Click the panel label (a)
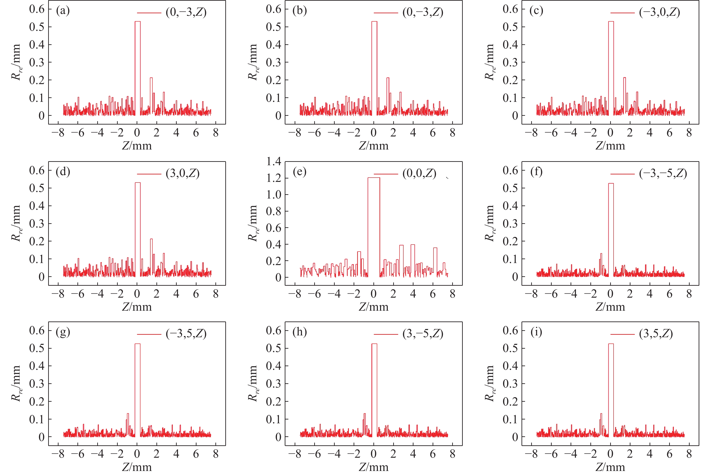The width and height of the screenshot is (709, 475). pyautogui.click(x=63, y=11)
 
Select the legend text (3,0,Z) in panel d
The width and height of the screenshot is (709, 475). pyautogui.click(x=183, y=174)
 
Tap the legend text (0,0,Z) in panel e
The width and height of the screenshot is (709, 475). pyautogui.click(x=419, y=174)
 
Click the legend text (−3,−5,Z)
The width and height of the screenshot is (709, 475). pyautogui.click(x=663, y=174)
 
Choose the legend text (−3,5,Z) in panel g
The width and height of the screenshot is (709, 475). pyautogui.click(x=186, y=334)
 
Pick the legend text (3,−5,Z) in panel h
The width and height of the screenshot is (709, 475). pyautogui.click(x=423, y=334)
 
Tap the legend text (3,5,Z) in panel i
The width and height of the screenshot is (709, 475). pyautogui.click(x=656, y=334)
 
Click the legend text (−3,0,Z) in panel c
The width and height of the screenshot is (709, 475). pyautogui.click(x=659, y=12)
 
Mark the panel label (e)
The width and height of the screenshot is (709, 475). pyautogui.click(x=300, y=172)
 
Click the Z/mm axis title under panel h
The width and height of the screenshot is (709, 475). pyautogui.click(x=374, y=467)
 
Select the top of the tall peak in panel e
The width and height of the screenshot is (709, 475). pyautogui.click(x=374, y=178)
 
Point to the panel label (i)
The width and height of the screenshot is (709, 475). pyautogui.click(x=536, y=332)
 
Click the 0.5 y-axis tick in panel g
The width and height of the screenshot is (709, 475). pyautogui.click(x=36, y=348)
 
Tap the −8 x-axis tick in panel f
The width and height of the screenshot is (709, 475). pyautogui.click(x=531, y=294)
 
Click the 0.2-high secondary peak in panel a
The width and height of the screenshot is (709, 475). pyautogui.click(x=151, y=78)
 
